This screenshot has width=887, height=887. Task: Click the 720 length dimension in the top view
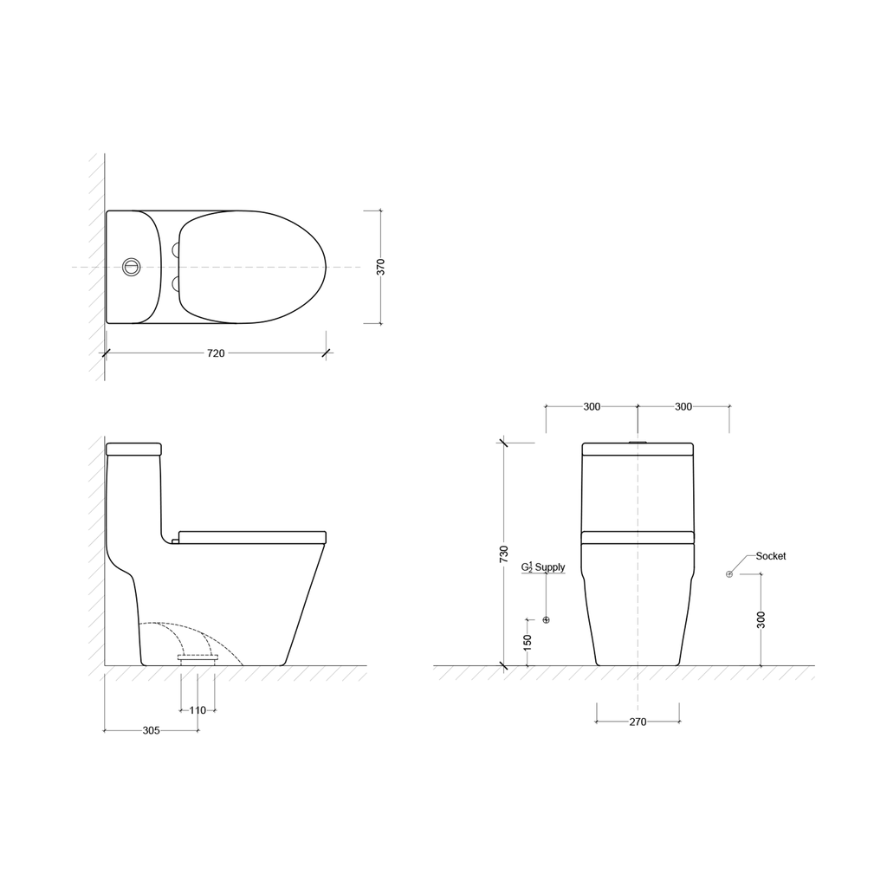[x=216, y=353]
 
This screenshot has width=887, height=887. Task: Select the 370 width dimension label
[x=381, y=267]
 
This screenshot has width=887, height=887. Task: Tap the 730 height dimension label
[x=504, y=554]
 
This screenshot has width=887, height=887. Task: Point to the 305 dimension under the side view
[x=151, y=730]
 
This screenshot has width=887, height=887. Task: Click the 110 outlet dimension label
[x=197, y=710]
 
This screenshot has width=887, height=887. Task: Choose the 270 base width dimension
[x=638, y=722]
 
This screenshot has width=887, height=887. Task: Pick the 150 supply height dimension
[x=528, y=643]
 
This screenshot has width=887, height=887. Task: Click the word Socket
[x=771, y=556]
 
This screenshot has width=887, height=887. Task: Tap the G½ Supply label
[x=543, y=567]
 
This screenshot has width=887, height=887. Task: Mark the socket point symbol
[x=729, y=574]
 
